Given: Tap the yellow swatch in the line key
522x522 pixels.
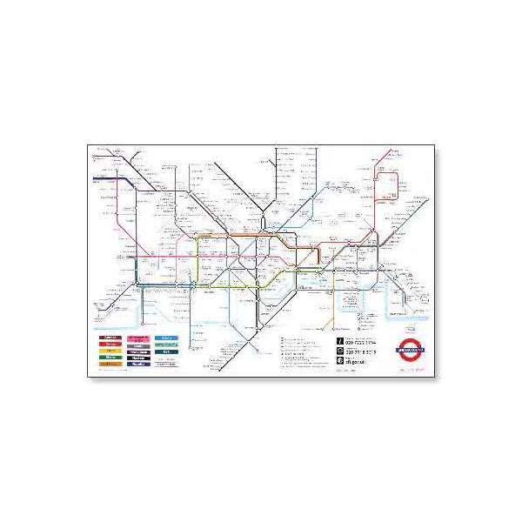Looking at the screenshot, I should [111, 350].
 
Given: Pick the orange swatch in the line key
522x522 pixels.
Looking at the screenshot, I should [111, 364].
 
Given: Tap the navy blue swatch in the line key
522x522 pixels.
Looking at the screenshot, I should [138, 364].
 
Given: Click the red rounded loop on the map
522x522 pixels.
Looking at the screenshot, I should [388, 186].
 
